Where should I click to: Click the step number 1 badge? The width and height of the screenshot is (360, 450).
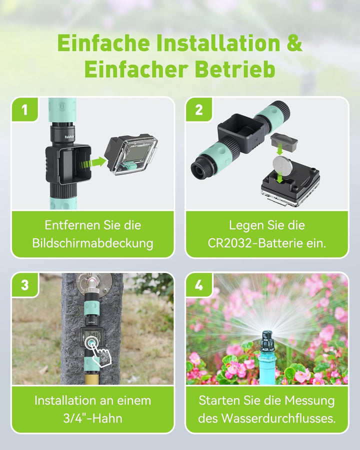(x=24, y=109)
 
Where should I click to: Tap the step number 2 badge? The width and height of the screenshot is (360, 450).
(x=199, y=109)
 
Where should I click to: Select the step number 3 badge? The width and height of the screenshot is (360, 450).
(x=24, y=285)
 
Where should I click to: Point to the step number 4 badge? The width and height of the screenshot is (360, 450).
(x=199, y=285)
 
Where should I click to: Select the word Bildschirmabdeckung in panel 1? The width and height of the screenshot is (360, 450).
(x=92, y=243)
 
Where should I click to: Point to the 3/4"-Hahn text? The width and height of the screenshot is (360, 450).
(x=92, y=418)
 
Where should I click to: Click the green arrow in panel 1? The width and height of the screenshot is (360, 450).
(x=95, y=162)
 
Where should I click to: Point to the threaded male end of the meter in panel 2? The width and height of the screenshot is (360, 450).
(x=201, y=170)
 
